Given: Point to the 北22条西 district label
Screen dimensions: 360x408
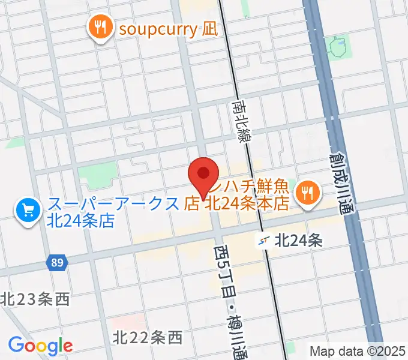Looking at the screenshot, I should point(147,338).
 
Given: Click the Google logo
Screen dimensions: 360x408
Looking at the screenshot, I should point(40,346).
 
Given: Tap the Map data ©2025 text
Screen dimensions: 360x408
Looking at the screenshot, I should point(358,350).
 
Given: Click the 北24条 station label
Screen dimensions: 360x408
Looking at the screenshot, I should point(299,241).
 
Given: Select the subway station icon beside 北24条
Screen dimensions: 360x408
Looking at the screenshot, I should point(263,241).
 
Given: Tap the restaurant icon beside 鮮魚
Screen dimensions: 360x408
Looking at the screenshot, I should point(309,192).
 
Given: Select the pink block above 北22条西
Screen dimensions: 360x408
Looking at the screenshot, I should point(128,320).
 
